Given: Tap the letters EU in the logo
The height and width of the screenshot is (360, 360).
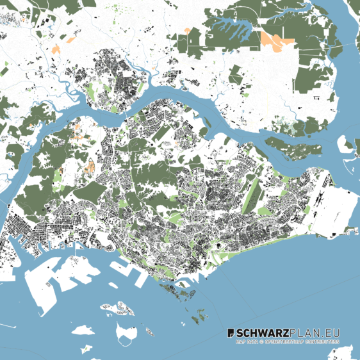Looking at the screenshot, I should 332,333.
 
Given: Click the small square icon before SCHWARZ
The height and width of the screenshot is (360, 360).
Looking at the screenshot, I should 232,333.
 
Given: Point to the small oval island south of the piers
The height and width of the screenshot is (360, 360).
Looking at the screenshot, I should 149,332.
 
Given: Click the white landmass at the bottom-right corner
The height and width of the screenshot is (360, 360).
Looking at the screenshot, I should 346,352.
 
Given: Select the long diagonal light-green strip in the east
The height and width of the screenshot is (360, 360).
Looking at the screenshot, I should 254,192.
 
